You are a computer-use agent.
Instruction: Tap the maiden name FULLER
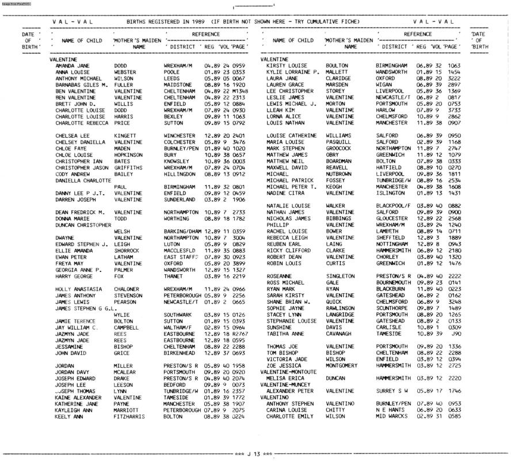tap(123, 85)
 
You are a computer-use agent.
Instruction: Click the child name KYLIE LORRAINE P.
tap(292, 72)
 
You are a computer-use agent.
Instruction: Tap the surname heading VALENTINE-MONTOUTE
tap(291, 371)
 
